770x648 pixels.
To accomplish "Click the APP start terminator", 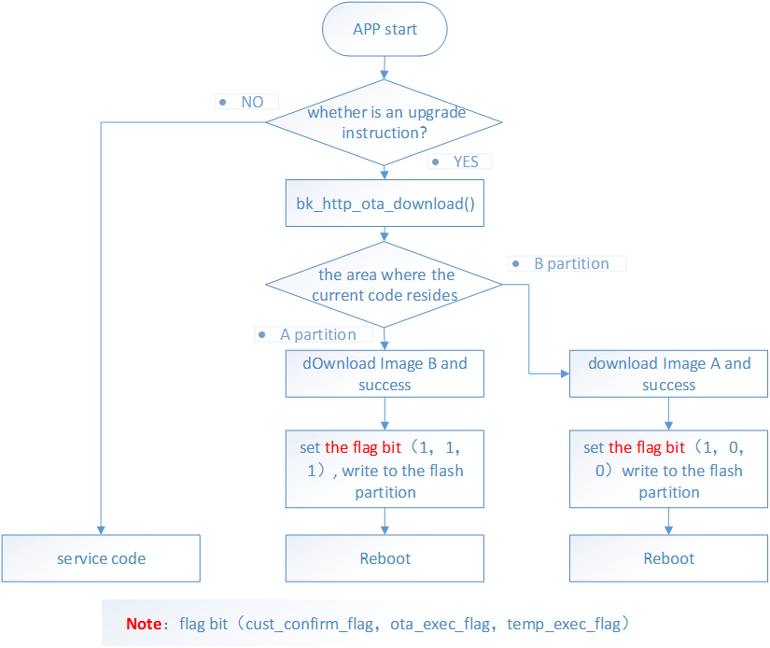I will [x=385, y=29].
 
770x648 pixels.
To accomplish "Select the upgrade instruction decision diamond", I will [x=385, y=122].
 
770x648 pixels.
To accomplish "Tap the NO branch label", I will [x=251, y=102].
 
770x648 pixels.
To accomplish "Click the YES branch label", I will [x=465, y=162].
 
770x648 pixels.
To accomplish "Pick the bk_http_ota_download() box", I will [x=385, y=204].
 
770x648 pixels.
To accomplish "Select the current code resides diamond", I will [x=385, y=285].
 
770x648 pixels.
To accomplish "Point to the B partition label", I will [x=570, y=263].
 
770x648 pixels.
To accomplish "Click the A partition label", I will [x=317, y=334].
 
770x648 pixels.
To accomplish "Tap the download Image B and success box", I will [x=385, y=373].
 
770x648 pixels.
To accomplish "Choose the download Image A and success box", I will [x=668, y=373].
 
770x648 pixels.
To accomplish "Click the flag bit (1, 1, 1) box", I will [x=385, y=470].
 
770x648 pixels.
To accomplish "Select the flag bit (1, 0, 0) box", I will [x=668, y=470].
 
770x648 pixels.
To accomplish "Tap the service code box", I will [x=101, y=558].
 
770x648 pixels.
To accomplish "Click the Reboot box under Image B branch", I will [x=385, y=558].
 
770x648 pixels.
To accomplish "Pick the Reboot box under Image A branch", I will [x=668, y=558].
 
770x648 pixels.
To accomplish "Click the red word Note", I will [x=144, y=623].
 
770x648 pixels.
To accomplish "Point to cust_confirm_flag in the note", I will [x=310, y=623].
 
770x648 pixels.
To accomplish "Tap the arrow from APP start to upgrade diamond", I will [x=385, y=68].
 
